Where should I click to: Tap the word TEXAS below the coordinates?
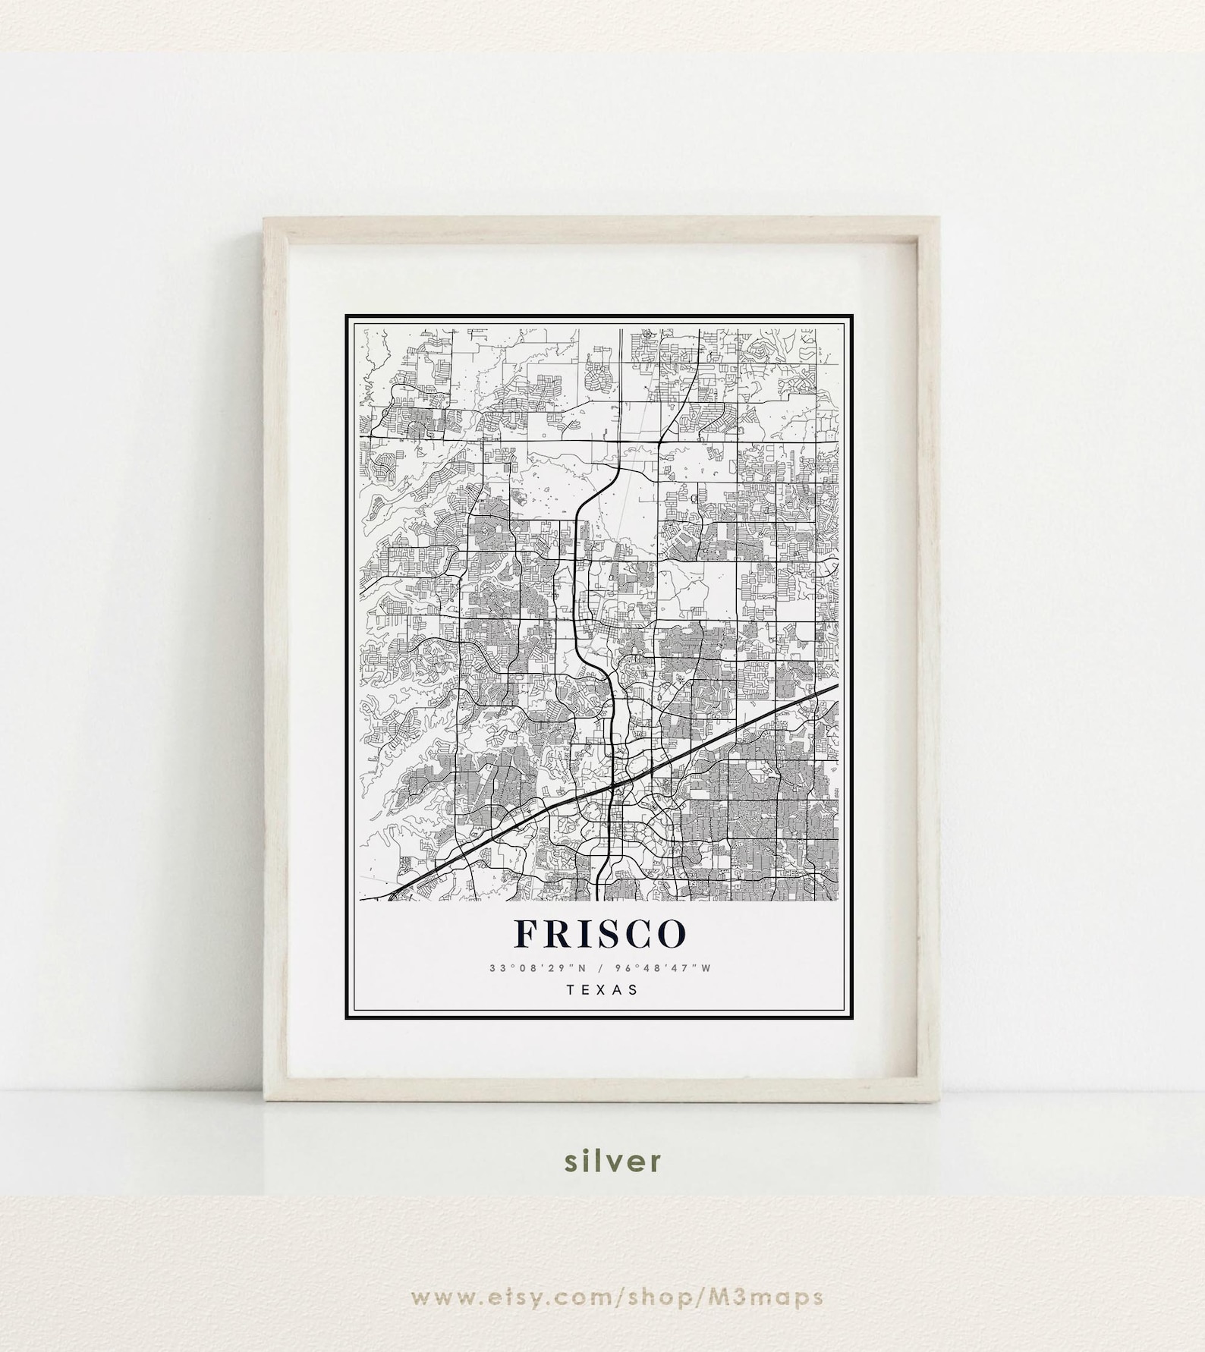(x=602, y=989)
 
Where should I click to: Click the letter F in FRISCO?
(x=528, y=935)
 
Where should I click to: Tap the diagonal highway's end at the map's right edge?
(x=838, y=686)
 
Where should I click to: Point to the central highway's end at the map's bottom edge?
(x=600, y=900)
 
